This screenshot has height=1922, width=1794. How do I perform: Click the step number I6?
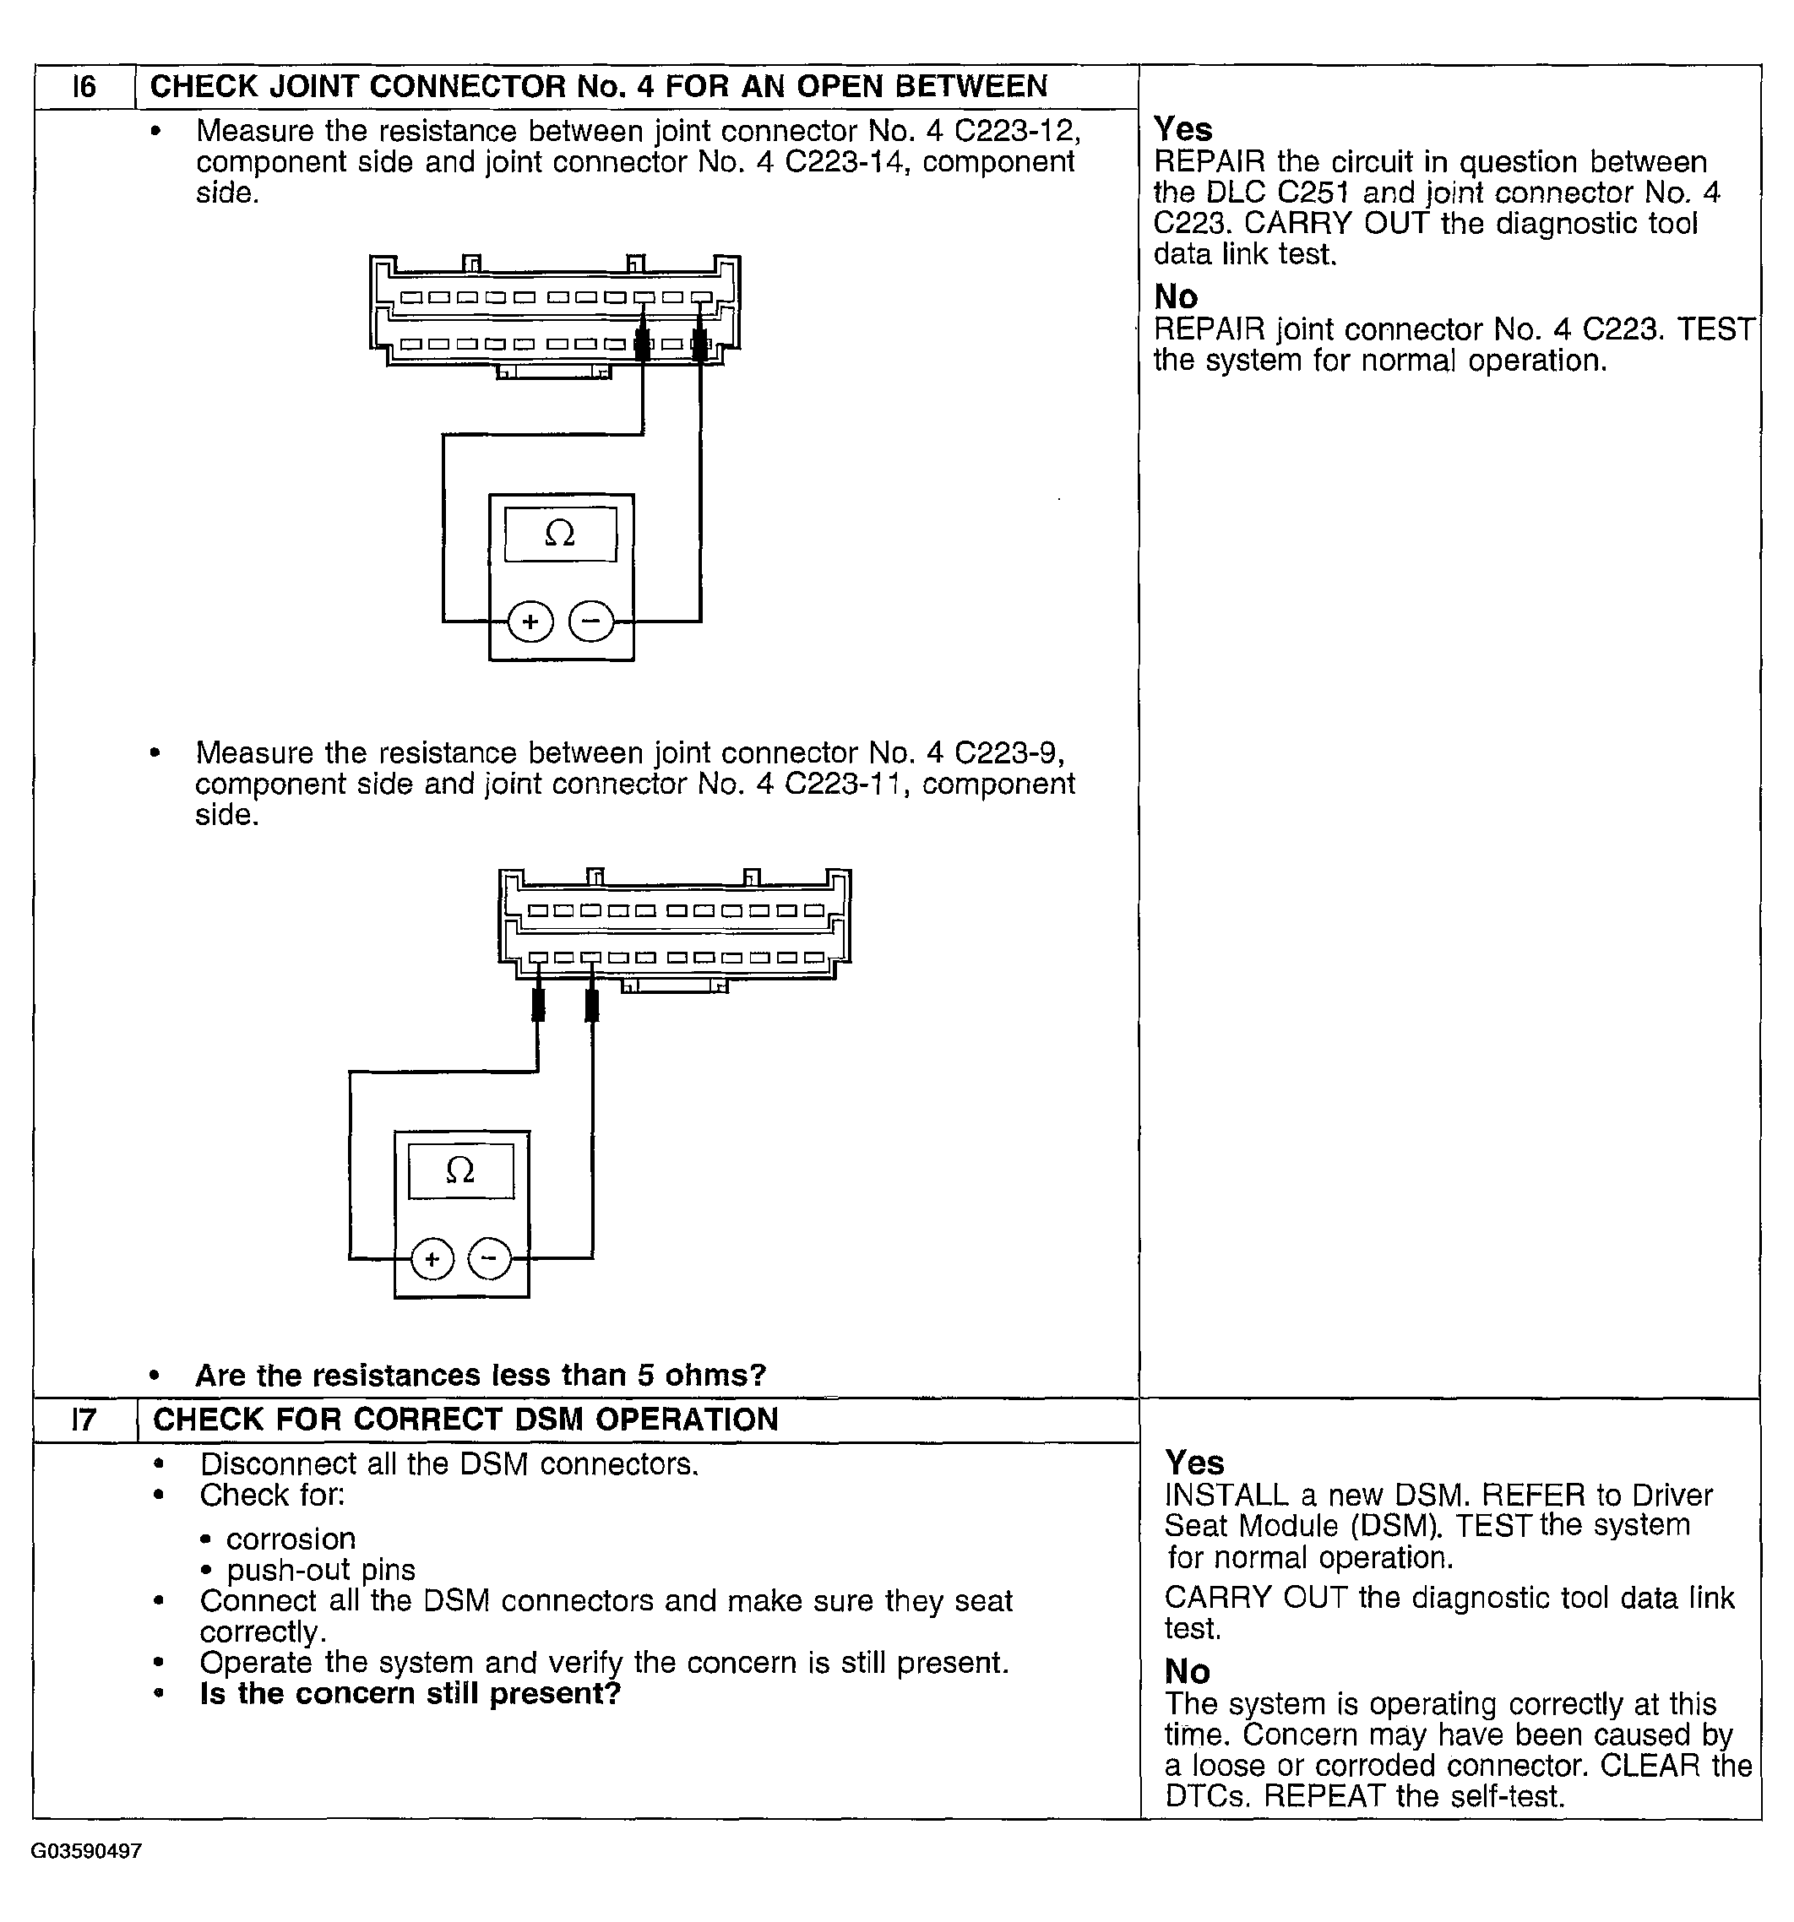point(84,87)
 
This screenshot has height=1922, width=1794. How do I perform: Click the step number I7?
point(84,1420)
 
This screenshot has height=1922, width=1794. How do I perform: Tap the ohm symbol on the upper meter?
point(560,533)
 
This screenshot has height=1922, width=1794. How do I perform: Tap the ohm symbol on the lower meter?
point(460,1170)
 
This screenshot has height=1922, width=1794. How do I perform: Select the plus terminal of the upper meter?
point(530,622)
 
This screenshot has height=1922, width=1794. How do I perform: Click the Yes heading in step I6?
point(1182,129)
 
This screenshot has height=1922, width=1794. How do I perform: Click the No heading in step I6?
point(1176,296)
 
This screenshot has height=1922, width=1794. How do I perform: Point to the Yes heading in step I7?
point(1194,1462)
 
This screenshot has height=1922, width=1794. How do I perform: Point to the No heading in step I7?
point(1188,1671)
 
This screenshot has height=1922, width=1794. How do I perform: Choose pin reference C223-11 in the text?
point(845,783)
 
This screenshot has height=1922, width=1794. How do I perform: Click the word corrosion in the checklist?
point(291,1538)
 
